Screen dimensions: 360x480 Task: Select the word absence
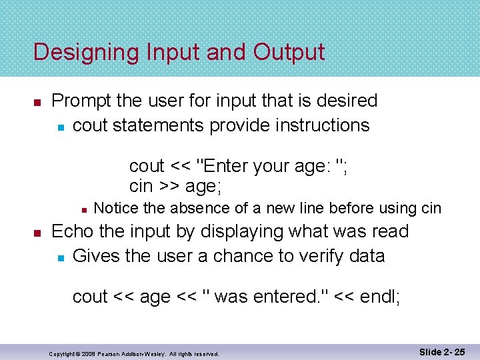199,208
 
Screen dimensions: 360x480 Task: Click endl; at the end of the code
380,296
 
